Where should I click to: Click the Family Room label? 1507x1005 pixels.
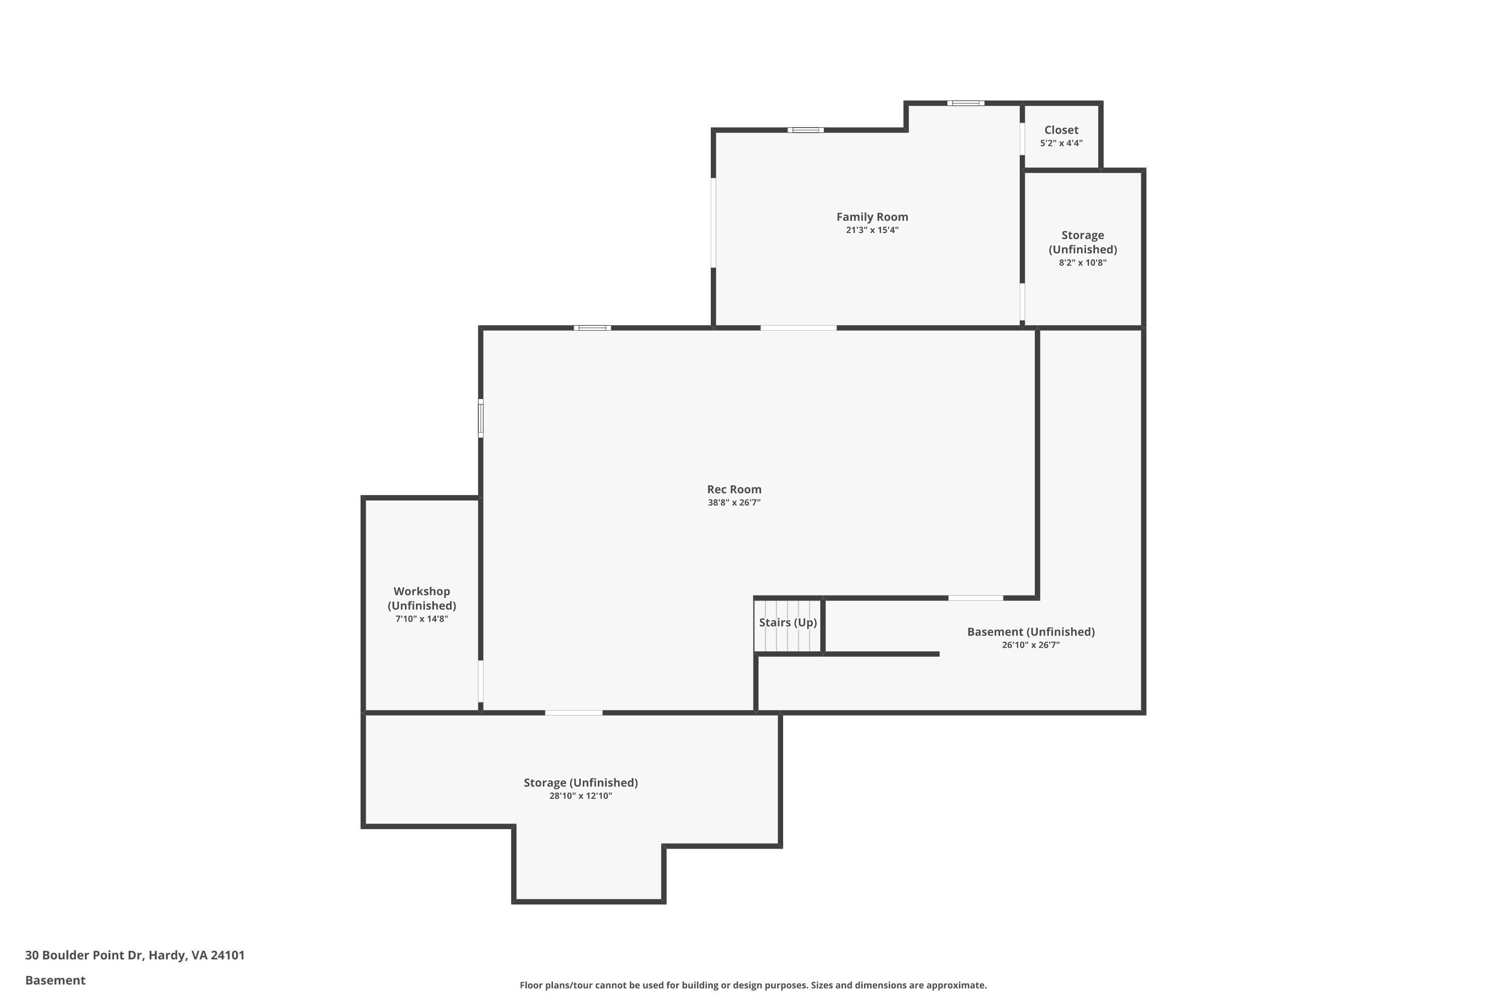click(x=872, y=217)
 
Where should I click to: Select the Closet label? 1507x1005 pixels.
click(x=1061, y=130)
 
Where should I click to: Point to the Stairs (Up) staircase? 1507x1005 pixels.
click(x=788, y=626)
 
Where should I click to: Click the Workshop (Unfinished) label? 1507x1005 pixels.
click(x=421, y=598)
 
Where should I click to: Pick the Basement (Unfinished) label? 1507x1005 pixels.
click(x=1030, y=632)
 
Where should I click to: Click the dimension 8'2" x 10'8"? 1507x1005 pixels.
click(x=1082, y=263)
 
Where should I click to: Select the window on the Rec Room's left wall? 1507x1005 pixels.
click(x=481, y=419)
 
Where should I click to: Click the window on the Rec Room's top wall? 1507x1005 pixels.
click(x=592, y=328)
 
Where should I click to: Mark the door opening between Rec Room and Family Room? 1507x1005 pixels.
click(x=798, y=328)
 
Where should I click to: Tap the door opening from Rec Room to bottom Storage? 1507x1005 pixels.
click(x=574, y=713)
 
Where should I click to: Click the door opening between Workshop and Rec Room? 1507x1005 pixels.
click(x=481, y=681)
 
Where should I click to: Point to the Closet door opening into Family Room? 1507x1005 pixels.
click(x=1022, y=139)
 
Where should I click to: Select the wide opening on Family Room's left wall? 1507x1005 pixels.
click(x=713, y=223)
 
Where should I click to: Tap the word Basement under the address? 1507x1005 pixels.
click(x=55, y=980)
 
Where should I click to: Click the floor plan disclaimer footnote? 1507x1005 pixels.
click(x=753, y=985)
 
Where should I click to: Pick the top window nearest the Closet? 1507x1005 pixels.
click(x=965, y=103)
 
